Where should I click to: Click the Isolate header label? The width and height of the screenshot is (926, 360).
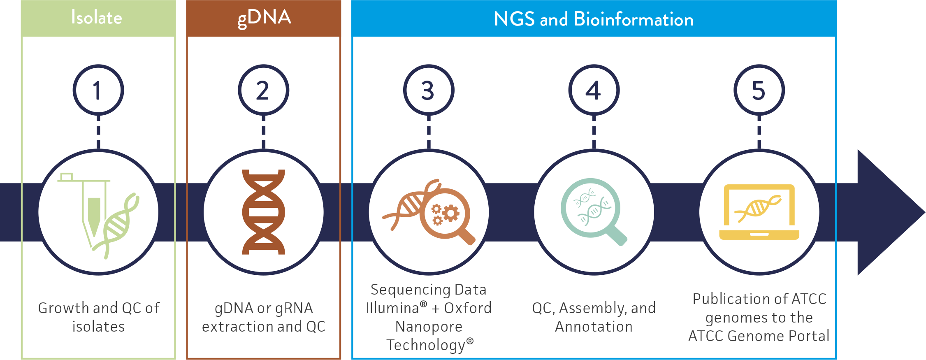(x=97, y=18)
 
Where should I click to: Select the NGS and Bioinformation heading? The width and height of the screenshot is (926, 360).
(x=594, y=19)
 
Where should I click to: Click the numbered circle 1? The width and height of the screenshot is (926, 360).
(x=98, y=90)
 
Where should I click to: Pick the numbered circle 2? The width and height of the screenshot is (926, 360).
(x=263, y=90)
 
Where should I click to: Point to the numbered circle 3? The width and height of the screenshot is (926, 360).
(x=429, y=90)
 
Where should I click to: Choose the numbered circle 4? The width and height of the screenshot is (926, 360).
(x=594, y=90)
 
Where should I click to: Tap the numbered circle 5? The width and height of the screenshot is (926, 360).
(x=759, y=90)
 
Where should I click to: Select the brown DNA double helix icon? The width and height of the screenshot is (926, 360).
(x=263, y=212)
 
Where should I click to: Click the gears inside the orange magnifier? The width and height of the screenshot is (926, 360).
(x=445, y=214)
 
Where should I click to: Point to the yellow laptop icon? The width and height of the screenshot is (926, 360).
(x=759, y=212)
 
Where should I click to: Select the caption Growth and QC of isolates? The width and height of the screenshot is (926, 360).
(x=99, y=317)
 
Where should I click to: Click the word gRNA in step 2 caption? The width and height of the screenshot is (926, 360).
(x=294, y=308)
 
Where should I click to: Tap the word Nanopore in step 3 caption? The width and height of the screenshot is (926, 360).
(x=429, y=327)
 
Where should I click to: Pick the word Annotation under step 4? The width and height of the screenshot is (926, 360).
(x=594, y=327)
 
